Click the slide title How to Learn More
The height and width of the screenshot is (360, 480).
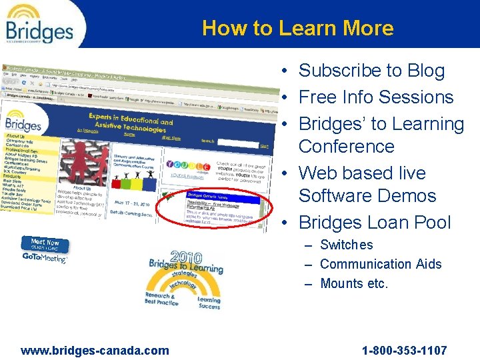(297, 28)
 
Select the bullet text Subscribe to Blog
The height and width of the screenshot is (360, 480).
(371, 71)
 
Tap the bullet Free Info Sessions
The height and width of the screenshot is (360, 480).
(376, 97)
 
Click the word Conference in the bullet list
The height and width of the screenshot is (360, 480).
(346, 147)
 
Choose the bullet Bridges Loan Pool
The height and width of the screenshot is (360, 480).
(375, 223)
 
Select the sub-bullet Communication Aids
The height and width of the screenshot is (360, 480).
(381, 265)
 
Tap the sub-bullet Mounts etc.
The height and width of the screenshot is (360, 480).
(353, 284)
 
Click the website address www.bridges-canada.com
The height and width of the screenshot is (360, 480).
(95, 351)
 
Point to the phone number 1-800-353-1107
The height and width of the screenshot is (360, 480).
(404, 351)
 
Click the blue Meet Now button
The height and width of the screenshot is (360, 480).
(45, 244)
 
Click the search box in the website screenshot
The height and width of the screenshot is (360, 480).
(237, 143)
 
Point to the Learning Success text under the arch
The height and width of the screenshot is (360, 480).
(209, 303)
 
